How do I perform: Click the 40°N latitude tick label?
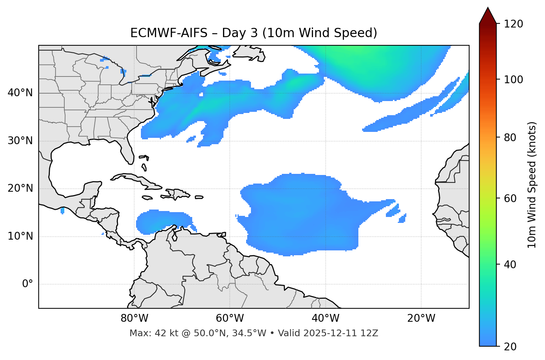tap(20, 93)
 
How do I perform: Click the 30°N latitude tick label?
tap(20, 141)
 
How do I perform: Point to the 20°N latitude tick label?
tap(20, 188)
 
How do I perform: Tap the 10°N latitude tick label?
tap(20, 236)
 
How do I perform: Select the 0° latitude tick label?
tap(28, 284)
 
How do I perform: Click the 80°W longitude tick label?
tap(134, 318)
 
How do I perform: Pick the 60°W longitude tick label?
tap(230, 318)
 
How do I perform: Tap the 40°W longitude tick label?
tap(325, 318)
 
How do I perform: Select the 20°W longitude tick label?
tap(421, 318)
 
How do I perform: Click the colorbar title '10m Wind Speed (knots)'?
tap(532, 185)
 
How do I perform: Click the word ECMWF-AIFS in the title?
tap(169, 33)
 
